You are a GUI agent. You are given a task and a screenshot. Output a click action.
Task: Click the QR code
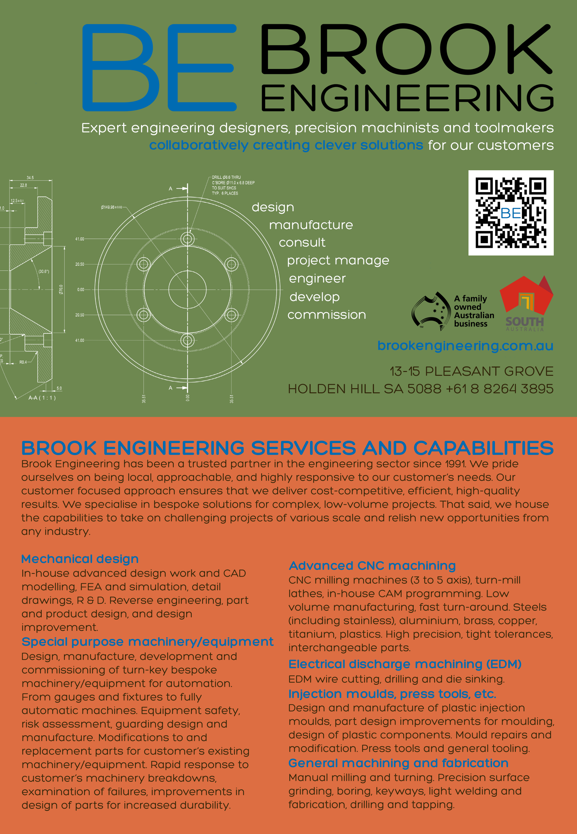tap(510, 213)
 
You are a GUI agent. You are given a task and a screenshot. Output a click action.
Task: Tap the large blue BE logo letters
tap(159, 67)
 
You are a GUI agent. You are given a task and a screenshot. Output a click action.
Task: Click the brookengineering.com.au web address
tap(465, 346)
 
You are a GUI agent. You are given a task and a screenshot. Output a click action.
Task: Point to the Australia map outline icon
tap(428, 311)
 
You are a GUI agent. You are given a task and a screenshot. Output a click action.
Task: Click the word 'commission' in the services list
tap(327, 315)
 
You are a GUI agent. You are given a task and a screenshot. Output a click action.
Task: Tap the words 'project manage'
tap(338, 260)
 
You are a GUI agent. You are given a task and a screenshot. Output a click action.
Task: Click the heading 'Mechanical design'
tap(80, 559)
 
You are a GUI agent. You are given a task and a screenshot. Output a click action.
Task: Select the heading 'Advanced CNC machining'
tap(372, 565)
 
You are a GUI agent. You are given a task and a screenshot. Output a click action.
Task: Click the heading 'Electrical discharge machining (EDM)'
tap(405, 664)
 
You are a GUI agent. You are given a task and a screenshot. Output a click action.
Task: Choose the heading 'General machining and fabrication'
tap(398, 763)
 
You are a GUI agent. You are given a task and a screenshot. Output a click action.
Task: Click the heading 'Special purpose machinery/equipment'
tap(147, 642)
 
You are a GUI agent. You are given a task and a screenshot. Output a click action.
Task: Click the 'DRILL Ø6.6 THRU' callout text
tap(226, 178)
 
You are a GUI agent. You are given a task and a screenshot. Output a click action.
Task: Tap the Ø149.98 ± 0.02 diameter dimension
tap(111, 207)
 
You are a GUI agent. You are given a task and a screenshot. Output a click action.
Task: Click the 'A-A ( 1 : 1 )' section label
tap(42, 398)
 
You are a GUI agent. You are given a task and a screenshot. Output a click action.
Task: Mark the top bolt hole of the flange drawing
tap(187, 239)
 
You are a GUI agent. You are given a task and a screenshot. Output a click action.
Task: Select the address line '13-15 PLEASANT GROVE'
tap(471, 371)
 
